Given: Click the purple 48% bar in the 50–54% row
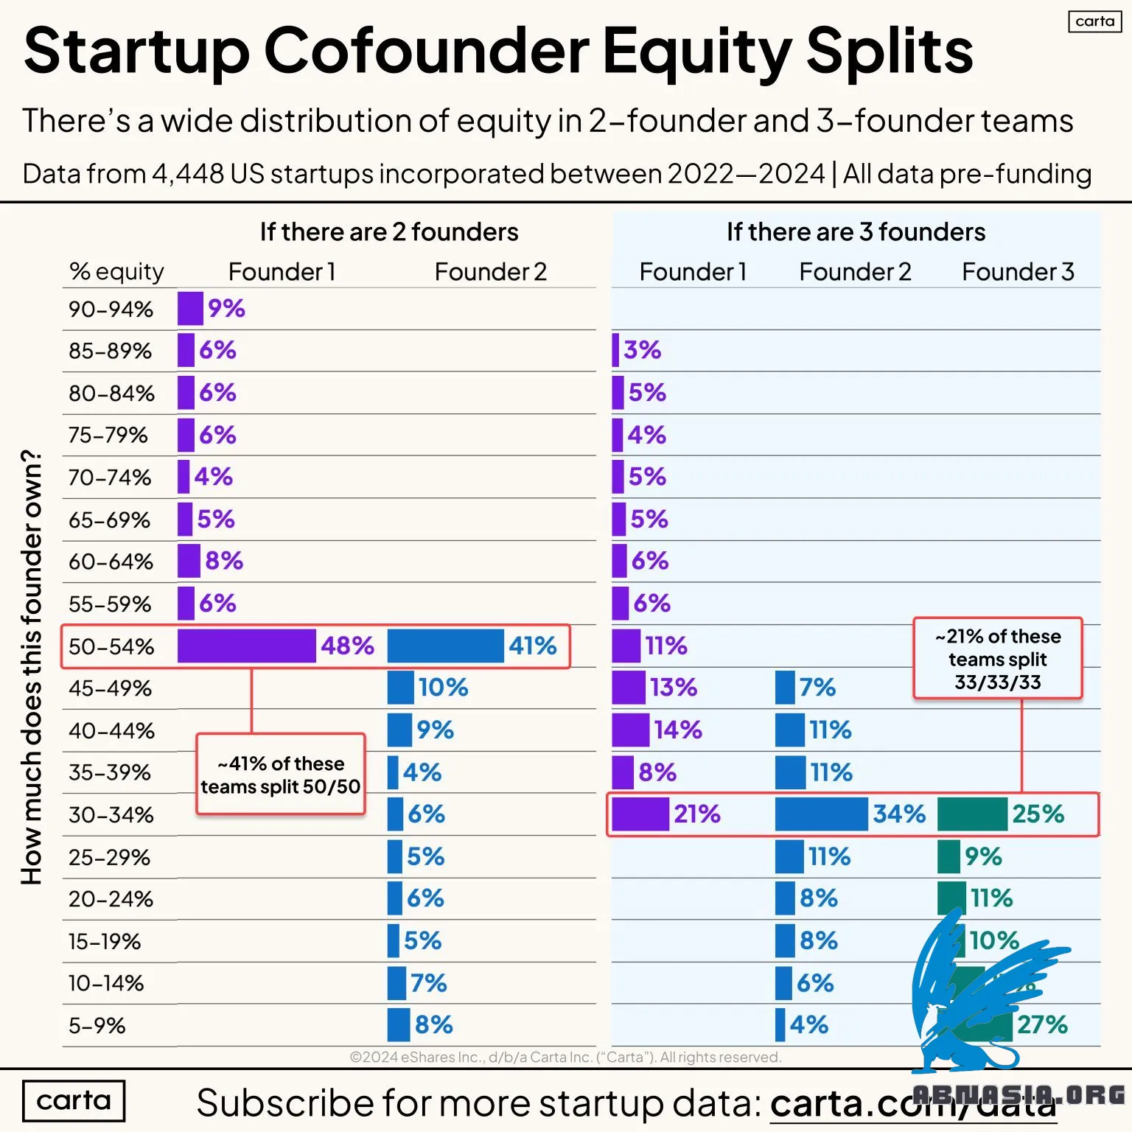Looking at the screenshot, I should [x=246, y=646].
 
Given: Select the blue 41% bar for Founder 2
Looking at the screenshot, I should [x=445, y=646].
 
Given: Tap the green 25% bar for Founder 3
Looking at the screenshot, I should [x=972, y=814].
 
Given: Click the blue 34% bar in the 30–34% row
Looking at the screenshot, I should [x=821, y=814].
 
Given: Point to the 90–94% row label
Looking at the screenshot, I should [x=111, y=310].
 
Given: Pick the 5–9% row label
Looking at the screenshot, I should [x=97, y=1026].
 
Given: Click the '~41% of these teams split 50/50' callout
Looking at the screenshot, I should [x=280, y=775].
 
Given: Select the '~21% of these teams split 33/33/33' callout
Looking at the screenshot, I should [x=997, y=659].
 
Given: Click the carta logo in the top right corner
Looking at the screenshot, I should [x=1094, y=21].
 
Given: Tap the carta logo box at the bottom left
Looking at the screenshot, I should [x=74, y=1100].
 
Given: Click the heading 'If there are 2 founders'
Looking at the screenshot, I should [x=388, y=232].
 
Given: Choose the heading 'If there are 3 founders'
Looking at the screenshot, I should [x=856, y=232].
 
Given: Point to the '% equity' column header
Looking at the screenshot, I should [x=116, y=272].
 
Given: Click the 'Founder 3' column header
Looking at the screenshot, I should [x=1018, y=272].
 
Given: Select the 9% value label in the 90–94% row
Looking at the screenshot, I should [x=226, y=308].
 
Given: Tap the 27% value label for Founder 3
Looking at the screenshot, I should [x=1042, y=1024].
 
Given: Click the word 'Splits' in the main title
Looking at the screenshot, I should [x=890, y=52].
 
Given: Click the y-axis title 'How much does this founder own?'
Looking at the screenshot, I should [x=31, y=667].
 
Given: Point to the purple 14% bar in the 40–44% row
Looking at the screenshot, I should [x=630, y=730].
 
